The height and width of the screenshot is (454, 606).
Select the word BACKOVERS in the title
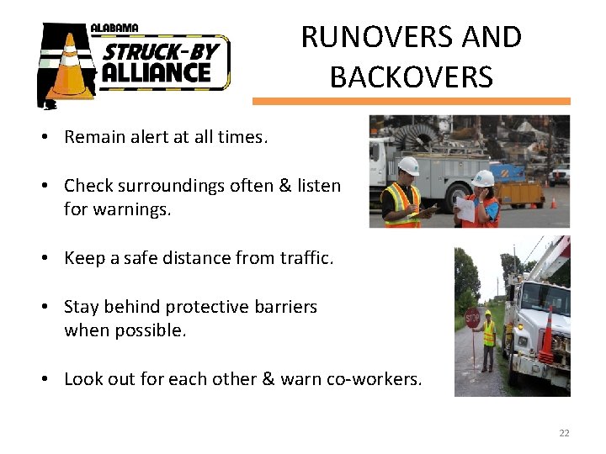click(x=411, y=77)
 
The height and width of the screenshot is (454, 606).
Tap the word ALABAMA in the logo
click(x=114, y=28)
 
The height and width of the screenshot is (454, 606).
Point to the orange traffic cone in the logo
click(x=70, y=67)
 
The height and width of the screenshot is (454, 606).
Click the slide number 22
click(x=564, y=433)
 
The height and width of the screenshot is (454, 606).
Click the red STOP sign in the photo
click(x=472, y=316)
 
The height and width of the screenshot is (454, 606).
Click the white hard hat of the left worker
click(x=409, y=166)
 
